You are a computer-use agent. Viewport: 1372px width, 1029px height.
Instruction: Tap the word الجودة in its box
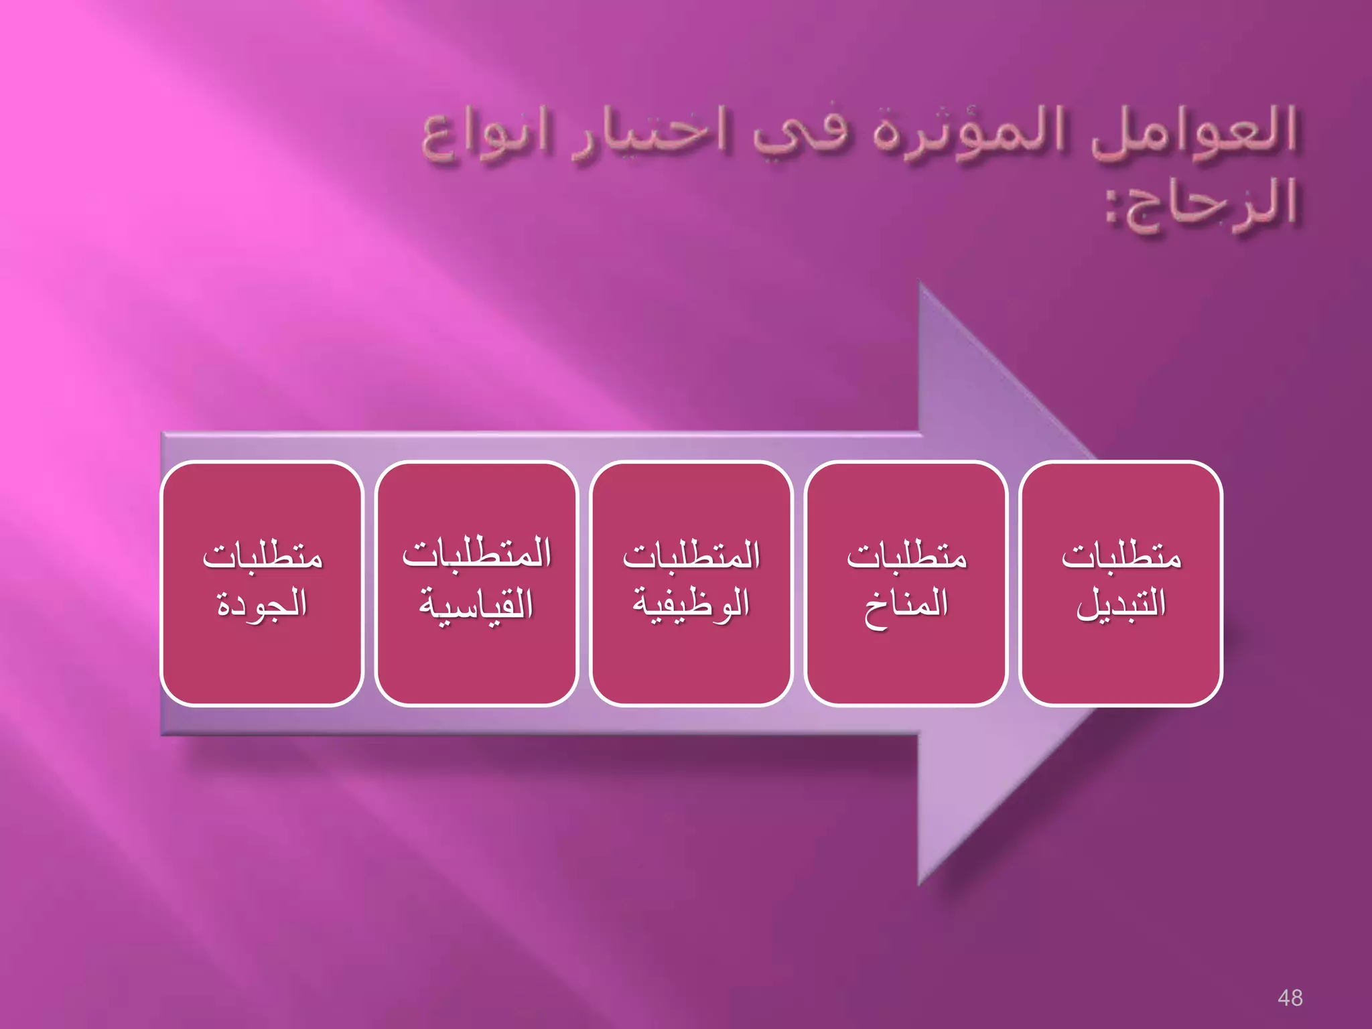coord(262,604)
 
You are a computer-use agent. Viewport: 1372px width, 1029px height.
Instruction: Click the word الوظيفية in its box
coord(691,604)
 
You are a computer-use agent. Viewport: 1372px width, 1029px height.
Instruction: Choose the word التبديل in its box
coord(1121,604)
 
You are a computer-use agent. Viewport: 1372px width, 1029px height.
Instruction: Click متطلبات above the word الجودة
coord(262,556)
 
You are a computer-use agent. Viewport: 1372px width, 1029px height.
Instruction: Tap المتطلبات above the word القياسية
coord(476,555)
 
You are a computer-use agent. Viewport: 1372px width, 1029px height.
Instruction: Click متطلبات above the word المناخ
coord(906,556)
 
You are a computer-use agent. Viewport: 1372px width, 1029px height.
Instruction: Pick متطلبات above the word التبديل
coord(1121,556)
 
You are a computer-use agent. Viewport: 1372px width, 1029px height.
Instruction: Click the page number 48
coord(1290,998)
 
